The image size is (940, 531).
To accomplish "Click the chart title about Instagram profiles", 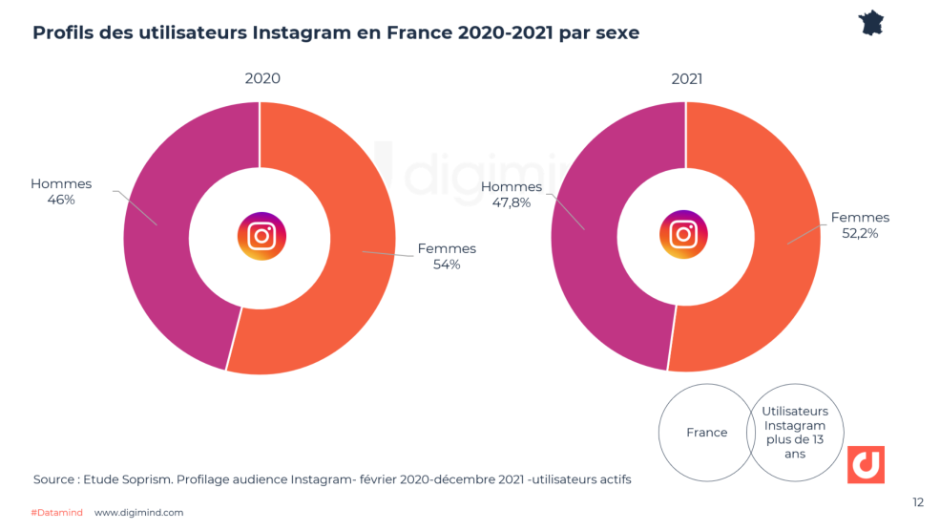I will click(x=336, y=32).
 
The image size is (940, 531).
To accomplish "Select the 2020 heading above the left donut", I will click(x=262, y=78).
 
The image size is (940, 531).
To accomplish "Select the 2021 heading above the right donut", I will click(x=686, y=78).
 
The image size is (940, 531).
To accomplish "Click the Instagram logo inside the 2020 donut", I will click(x=261, y=236).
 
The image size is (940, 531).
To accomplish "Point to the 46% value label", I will click(x=61, y=201).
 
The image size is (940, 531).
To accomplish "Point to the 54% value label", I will click(x=447, y=265).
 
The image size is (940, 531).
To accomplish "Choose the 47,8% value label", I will click(x=511, y=203).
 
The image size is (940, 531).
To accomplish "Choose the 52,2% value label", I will click(x=860, y=233).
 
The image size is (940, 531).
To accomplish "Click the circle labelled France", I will click(x=706, y=433).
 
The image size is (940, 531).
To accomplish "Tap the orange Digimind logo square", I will click(x=866, y=463).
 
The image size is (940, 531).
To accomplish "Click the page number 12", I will click(x=917, y=502).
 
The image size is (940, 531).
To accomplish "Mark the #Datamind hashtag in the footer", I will click(x=56, y=513).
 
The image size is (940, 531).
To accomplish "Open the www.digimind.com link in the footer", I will click(x=138, y=513).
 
